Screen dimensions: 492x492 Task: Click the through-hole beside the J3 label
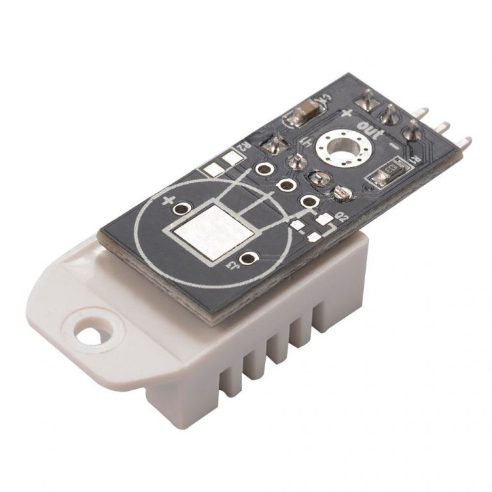click(x=247, y=258)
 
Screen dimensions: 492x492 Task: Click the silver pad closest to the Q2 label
click(x=327, y=219)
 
